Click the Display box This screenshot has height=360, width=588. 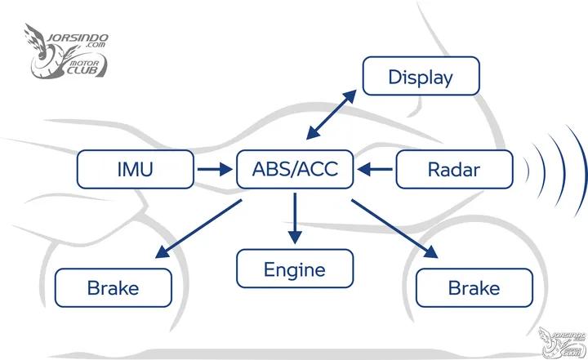[x=421, y=78]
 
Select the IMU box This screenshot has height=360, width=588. [x=136, y=170]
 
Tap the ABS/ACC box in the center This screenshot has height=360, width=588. [x=295, y=170]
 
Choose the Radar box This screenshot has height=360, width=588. [x=454, y=170]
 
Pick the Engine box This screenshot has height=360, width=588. [x=295, y=269]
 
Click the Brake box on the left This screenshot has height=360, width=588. [x=114, y=287]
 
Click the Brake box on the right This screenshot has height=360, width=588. [x=474, y=287]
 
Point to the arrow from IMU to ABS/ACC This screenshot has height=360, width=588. [x=214, y=170]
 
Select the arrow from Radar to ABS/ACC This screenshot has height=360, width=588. [x=375, y=170]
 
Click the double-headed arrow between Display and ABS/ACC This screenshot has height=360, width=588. [x=331, y=115]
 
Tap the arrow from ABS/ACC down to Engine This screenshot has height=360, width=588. [x=295, y=218]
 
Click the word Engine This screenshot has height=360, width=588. [x=295, y=269]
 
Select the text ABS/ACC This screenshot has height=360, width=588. [x=295, y=170]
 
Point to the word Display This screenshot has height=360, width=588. [x=421, y=78]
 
